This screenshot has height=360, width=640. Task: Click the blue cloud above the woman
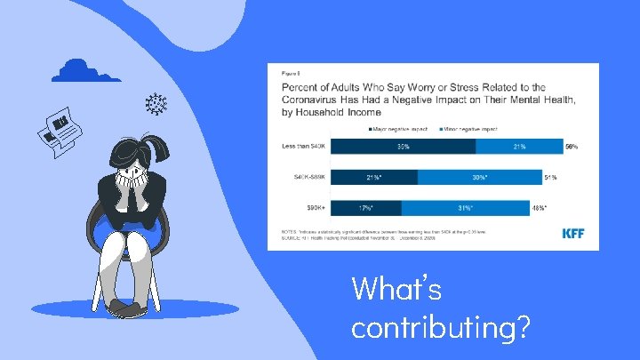pyautogui.click(x=85, y=70)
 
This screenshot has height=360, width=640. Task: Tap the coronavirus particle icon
pyautogui.click(x=157, y=103)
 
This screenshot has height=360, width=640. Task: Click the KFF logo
pyautogui.click(x=573, y=234)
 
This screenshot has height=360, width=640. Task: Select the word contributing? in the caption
pyautogui.click(x=442, y=327)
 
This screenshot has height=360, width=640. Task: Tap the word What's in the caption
pyautogui.click(x=396, y=289)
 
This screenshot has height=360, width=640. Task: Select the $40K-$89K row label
pyautogui.click(x=305, y=177)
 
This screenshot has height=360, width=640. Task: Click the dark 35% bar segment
pyautogui.click(x=403, y=146)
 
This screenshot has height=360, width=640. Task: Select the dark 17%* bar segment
pyautogui.click(x=365, y=208)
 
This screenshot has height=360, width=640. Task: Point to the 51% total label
pyautogui.click(x=551, y=177)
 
